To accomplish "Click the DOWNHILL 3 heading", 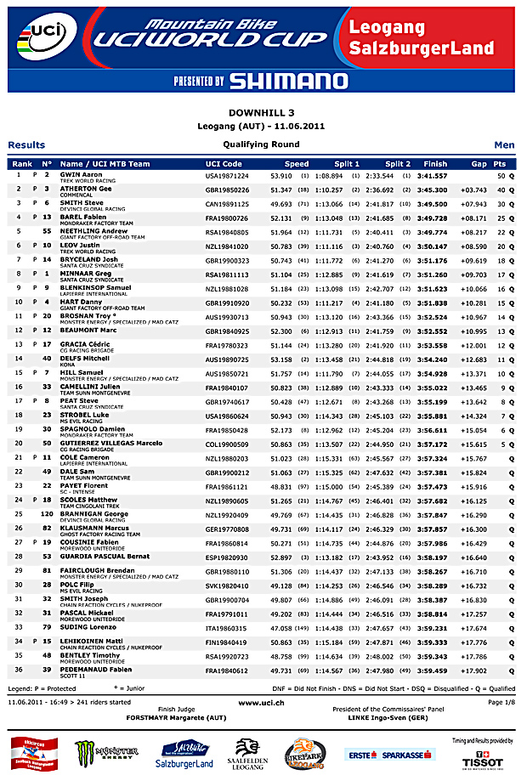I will [263, 112].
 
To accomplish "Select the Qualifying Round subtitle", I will [262, 145].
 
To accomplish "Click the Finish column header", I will [434, 163].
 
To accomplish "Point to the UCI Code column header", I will [224, 163].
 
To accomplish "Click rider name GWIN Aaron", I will [82, 174].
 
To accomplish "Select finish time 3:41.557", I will [433, 174].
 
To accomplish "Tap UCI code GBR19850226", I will [228, 189].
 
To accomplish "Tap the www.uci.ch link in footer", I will [262, 703].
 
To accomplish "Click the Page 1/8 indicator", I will [501, 703].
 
